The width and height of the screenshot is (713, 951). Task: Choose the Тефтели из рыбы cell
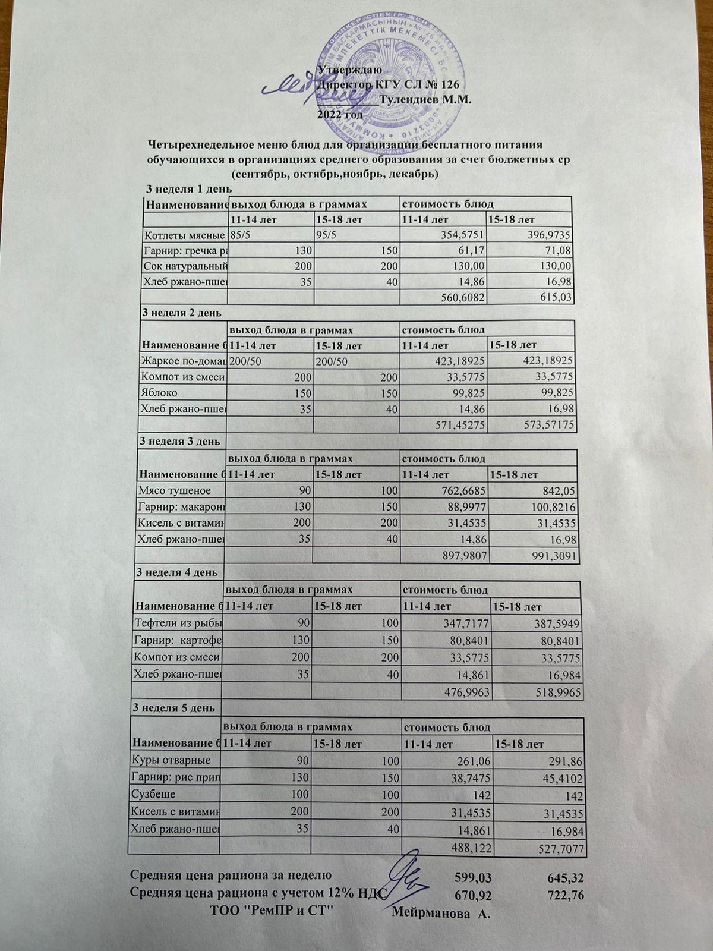(x=177, y=623)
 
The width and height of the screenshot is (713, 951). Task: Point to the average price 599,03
(x=474, y=876)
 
